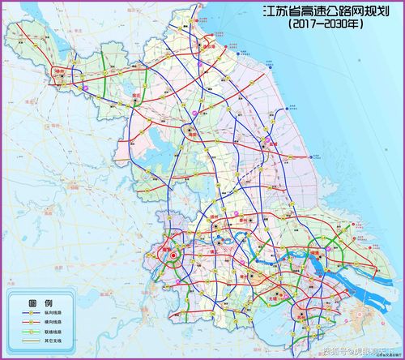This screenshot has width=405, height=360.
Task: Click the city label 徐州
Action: pos(58,71)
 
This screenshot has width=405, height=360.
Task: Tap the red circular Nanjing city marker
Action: pos(172,256)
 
